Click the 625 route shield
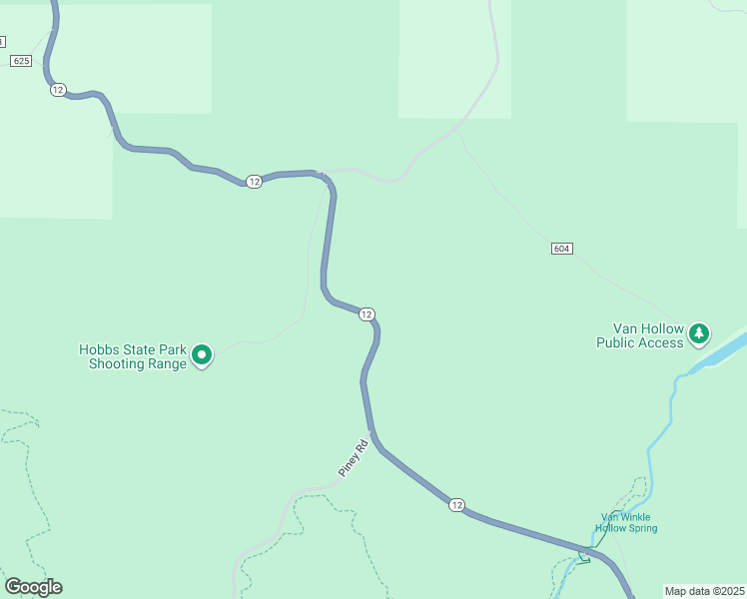point(22,61)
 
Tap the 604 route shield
point(561,248)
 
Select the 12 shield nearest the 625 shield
point(58,90)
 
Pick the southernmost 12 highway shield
point(456,505)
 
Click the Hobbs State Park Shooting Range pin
point(202,354)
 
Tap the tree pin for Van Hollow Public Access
point(700,332)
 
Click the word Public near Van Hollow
point(616,342)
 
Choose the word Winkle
point(636,517)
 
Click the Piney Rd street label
point(353,457)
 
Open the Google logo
point(33,587)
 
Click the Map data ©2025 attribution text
point(704,591)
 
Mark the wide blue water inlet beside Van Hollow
point(721,352)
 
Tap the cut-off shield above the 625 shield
point(2,42)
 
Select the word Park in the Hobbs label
point(172,350)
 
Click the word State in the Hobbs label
point(138,350)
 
